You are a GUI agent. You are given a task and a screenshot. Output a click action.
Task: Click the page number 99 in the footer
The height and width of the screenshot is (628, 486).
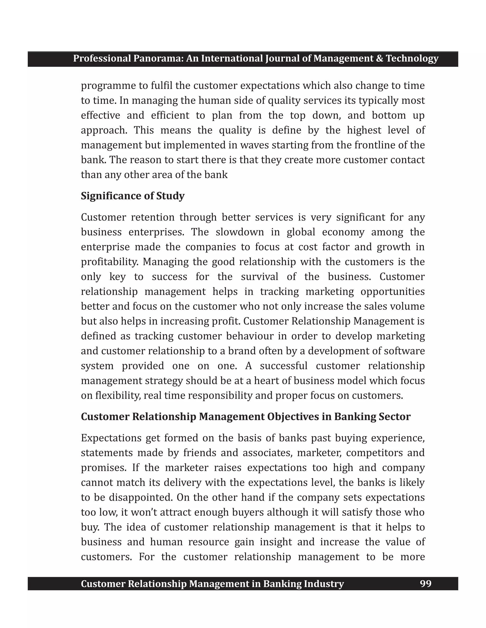pyautogui.click(x=425, y=584)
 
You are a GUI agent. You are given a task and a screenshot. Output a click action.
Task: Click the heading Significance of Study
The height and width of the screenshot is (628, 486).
pyautogui.click(x=132, y=196)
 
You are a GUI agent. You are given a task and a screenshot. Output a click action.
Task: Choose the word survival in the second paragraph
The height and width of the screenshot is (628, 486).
pyautogui.click(x=259, y=277)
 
